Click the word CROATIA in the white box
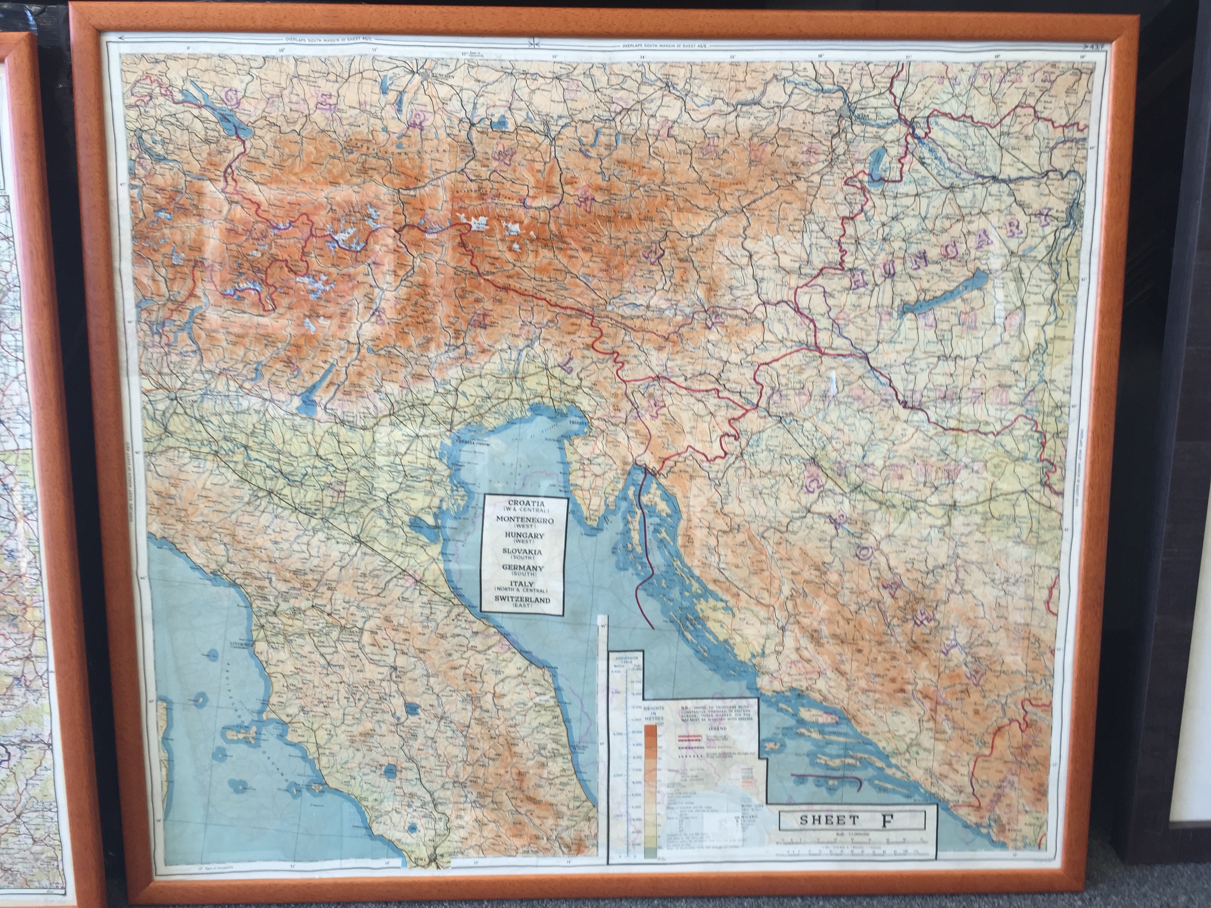coord(525,503)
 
